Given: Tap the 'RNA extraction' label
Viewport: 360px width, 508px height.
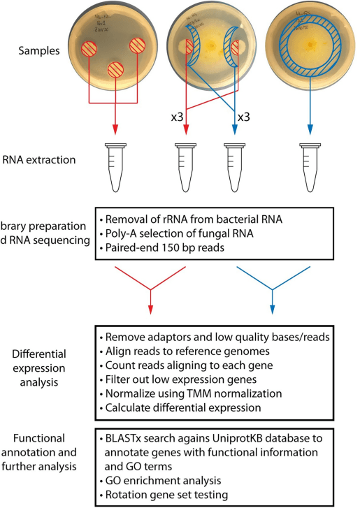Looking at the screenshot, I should [x=45, y=160].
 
